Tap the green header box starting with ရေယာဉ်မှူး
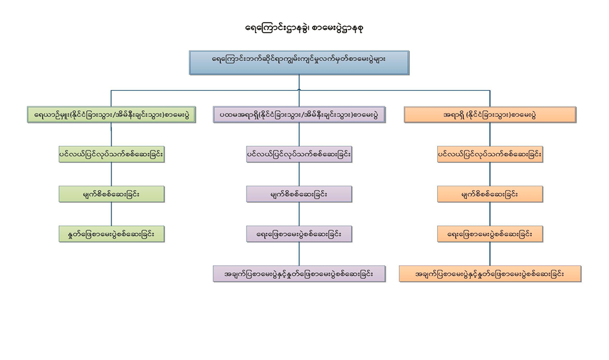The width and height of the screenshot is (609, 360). pyautogui.click(x=112, y=115)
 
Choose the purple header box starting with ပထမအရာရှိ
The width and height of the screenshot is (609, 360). pyautogui.click(x=299, y=115)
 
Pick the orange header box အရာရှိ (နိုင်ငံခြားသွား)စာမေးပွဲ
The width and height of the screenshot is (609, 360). pyautogui.click(x=490, y=115)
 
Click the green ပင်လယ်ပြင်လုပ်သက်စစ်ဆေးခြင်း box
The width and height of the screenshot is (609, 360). pyautogui.click(x=111, y=155)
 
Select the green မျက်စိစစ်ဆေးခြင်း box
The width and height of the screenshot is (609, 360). pyautogui.click(x=111, y=194)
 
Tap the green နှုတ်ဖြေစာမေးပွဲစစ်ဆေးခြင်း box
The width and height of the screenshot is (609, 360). pyautogui.click(x=111, y=234)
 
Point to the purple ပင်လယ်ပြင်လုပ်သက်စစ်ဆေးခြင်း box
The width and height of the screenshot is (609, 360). pyautogui.click(x=299, y=155)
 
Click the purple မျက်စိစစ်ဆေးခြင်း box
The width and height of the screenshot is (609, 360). pyautogui.click(x=299, y=194)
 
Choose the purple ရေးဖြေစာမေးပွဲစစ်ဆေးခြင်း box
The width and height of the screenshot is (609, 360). pyautogui.click(x=299, y=234)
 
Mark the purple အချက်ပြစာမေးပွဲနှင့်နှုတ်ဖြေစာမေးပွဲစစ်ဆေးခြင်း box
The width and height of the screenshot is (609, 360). pyautogui.click(x=299, y=274)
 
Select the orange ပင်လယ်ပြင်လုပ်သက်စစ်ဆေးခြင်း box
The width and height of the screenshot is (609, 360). pyautogui.click(x=490, y=155)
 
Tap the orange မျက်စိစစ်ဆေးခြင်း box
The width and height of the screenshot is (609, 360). pyautogui.click(x=490, y=194)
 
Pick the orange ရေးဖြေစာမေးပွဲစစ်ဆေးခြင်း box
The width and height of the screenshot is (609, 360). pyautogui.click(x=490, y=234)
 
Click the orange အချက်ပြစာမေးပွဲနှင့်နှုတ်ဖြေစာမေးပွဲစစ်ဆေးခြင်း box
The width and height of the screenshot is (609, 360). pyautogui.click(x=490, y=274)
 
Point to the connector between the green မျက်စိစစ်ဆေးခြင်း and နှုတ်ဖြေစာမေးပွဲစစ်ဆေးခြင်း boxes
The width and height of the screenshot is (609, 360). pyautogui.click(x=111, y=214)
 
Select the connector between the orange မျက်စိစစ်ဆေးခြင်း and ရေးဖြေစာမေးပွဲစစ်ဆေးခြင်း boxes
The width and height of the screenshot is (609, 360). pyautogui.click(x=490, y=214)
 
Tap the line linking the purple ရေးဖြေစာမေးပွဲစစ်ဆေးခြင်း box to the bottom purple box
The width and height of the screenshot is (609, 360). pyautogui.click(x=299, y=254)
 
